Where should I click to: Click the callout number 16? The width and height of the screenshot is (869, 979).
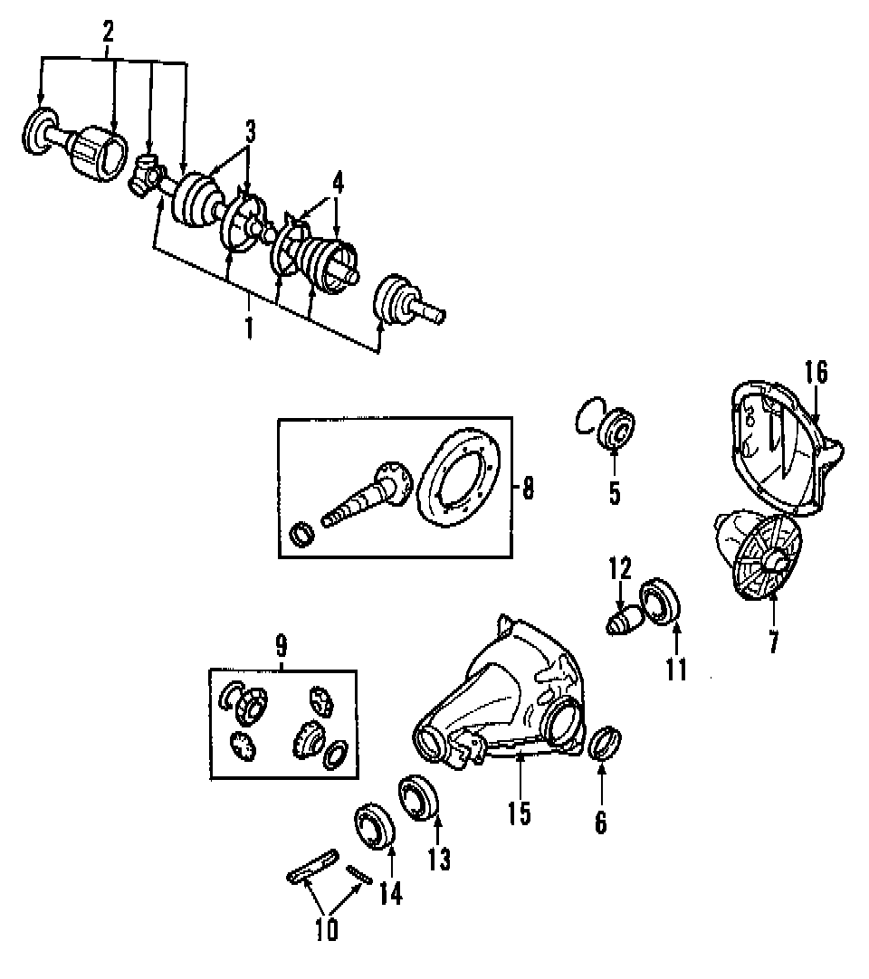pos(815,373)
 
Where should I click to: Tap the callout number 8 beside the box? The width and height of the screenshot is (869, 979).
pos(528,489)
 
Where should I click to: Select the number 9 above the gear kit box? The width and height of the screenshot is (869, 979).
pos(281,646)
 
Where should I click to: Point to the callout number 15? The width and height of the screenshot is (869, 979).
pos(519,813)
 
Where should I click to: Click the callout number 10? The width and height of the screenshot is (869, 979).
pos(327,929)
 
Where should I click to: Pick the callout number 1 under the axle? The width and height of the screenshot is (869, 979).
pos(248,327)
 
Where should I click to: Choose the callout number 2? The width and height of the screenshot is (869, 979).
pos(109,33)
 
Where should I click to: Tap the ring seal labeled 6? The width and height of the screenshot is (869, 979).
pos(603,743)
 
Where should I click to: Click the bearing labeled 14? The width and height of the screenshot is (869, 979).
pos(373,825)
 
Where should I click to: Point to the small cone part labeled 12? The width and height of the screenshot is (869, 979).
pos(620,624)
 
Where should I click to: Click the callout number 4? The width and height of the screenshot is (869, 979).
pos(337,184)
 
